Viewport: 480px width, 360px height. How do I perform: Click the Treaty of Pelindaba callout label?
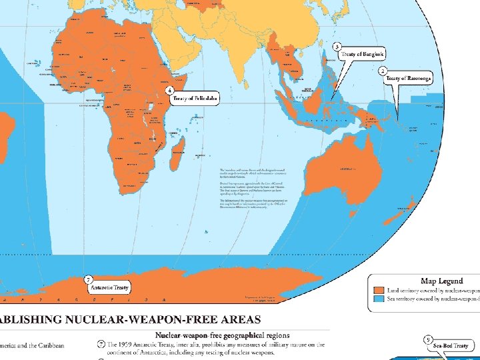[x=195, y=99]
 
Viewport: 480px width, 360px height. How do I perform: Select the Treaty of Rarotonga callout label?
[x=408, y=79]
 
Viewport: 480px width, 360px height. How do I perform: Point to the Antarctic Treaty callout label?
[x=110, y=287]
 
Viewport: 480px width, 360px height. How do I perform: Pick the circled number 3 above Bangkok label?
[x=337, y=47]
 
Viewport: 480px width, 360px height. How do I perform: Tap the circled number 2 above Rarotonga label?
[x=383, y=69]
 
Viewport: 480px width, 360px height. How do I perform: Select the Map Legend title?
[x=441, y=281]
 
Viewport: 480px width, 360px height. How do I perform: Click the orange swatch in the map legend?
[x=379, y=291]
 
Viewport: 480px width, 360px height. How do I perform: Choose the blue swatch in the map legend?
[x=379, y=300]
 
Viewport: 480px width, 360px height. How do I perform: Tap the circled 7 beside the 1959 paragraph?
[x=101, y=345]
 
